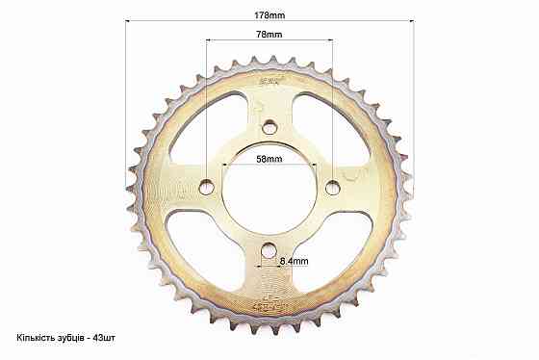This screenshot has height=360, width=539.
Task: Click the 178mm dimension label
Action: [x=269, y=15]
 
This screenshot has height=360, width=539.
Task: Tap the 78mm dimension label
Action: [x=269, y=35]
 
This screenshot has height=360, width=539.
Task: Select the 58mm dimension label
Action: [x=269, y=159]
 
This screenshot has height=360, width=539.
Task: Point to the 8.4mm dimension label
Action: [x=294, y=261]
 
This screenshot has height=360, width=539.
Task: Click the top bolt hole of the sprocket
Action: [x=269, y=128]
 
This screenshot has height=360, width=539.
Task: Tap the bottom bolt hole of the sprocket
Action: [x=269, y=250]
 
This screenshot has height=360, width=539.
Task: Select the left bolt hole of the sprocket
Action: [x=207, y=187]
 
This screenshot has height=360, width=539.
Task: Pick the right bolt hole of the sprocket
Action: [x=333, y=188]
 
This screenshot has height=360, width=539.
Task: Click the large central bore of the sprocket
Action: [x=269, y=189]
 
